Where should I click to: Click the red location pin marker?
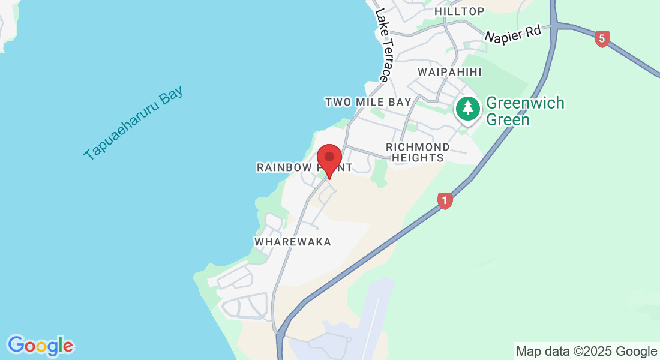pyautogui.click(x=329, y=158)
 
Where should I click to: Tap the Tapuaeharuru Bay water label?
pyautogui.click(x=133, y=124)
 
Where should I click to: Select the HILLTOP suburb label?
pyautogui.click(x=459, y=11)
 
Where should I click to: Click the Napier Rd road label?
pyautogui.click(x=513, y=36)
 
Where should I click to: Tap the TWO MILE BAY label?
pyautogui.click(x=368, y=102)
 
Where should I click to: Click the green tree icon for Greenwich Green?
pyautogui.click(x=468, y=109)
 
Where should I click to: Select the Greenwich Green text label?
pyautogui.click(x=525, y=111)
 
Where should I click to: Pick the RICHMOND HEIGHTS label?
pyautogui.click(x=418, y=152)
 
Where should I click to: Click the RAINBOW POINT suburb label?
pyautogui.click(x=304, y=167)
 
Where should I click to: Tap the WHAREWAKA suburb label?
pyautogui.click(x=293, y=241)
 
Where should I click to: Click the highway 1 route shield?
pyautogui.click(x=445, y=200)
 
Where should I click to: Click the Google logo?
pyautogui.click(x=40, y=345)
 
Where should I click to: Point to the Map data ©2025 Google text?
pyautogui.click(x=586, y=352)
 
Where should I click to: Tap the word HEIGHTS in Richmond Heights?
pyautogui.click(x=418, y=158)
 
